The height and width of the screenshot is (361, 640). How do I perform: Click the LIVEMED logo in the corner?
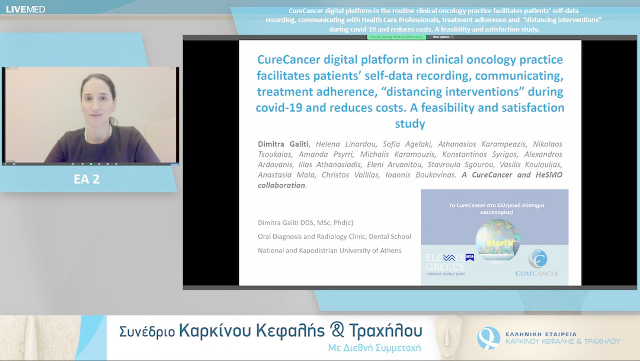coord(25,9)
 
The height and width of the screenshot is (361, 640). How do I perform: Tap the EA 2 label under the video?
coord(87,179)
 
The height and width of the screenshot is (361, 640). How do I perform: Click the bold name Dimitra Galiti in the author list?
coord(283,144)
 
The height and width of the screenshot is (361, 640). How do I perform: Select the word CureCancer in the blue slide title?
coord(287,60)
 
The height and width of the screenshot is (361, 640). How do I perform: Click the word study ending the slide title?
coord(410,123)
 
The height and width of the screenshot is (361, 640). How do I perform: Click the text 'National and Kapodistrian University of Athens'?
coord(329,251)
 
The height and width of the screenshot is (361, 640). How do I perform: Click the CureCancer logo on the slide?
coord(537,265)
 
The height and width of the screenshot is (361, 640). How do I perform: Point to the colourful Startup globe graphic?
coord(497,240)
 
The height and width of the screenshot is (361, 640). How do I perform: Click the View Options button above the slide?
coord(443,37)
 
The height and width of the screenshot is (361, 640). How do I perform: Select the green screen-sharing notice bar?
coord(396,37)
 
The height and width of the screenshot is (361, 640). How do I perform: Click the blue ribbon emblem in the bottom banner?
coord(488,338)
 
